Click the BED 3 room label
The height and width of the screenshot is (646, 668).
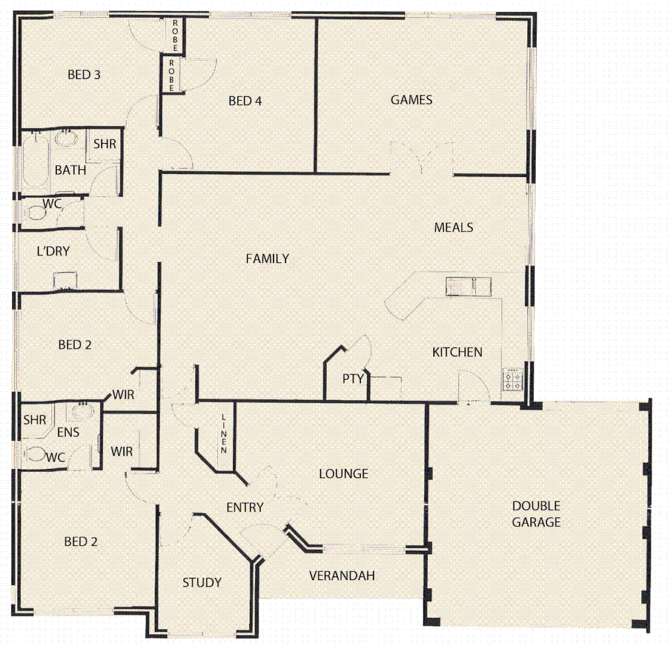tap(84, 75)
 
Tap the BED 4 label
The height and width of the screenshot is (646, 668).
tap(245, 101)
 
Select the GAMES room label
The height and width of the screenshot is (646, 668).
tap(411, 100)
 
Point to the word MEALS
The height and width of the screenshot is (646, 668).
tap(454, 227)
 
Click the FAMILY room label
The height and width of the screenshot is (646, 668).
tap(268, 258)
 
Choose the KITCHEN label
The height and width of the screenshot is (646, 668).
tap(457, 352)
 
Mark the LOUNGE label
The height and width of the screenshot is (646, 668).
tap(343, 474)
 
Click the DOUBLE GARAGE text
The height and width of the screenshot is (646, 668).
tap(536, 514)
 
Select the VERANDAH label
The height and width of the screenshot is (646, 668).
tap(342, 576)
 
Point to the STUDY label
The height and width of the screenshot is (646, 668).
tap(202, 582)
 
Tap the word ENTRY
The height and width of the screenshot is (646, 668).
tap(245, 508)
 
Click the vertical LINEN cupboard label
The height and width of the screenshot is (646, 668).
tap(224, 434)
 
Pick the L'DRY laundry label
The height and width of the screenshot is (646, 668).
tap(53, 251)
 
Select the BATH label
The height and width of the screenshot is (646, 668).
tap(71, 170)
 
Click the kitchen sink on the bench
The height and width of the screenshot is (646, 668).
tap(467, 287)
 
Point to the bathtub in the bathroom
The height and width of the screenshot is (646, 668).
tap(35, 161)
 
